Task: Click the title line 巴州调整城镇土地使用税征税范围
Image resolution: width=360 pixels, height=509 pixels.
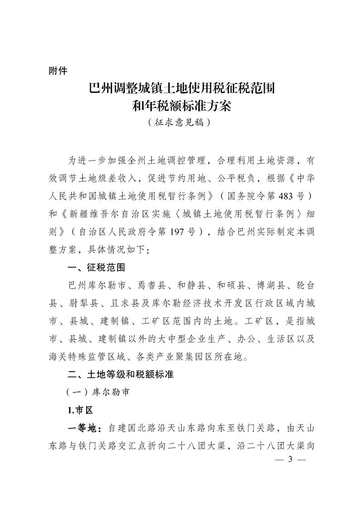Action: [x=180, y=88]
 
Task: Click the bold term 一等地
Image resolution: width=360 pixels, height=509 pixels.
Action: [x=82, y=428]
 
